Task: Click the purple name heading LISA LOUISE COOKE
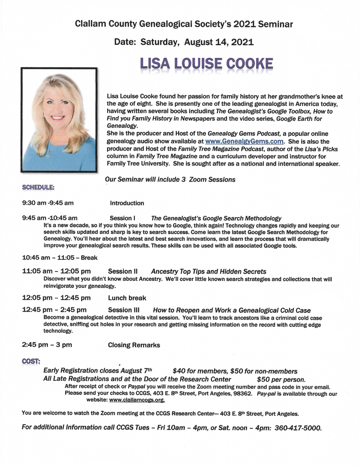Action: [x=206, y=64]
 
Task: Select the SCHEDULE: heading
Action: [x=38, y=187]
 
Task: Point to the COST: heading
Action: [x=31, y=361]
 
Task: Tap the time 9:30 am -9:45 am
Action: [x=48, y=203]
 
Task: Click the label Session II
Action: [x=123, y=271]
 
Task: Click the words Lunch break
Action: [x=127, y=298]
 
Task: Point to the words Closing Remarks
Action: [x=134, y=345]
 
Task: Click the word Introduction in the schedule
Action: [x=127, y=203]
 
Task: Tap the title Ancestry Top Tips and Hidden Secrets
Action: [x=208, y=271]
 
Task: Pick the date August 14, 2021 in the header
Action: [x=219, y=42]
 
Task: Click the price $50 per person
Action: [x=281, y=379]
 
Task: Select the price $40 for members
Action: [x=197, y=371]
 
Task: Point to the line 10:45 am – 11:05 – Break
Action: [x=60, y=257]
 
